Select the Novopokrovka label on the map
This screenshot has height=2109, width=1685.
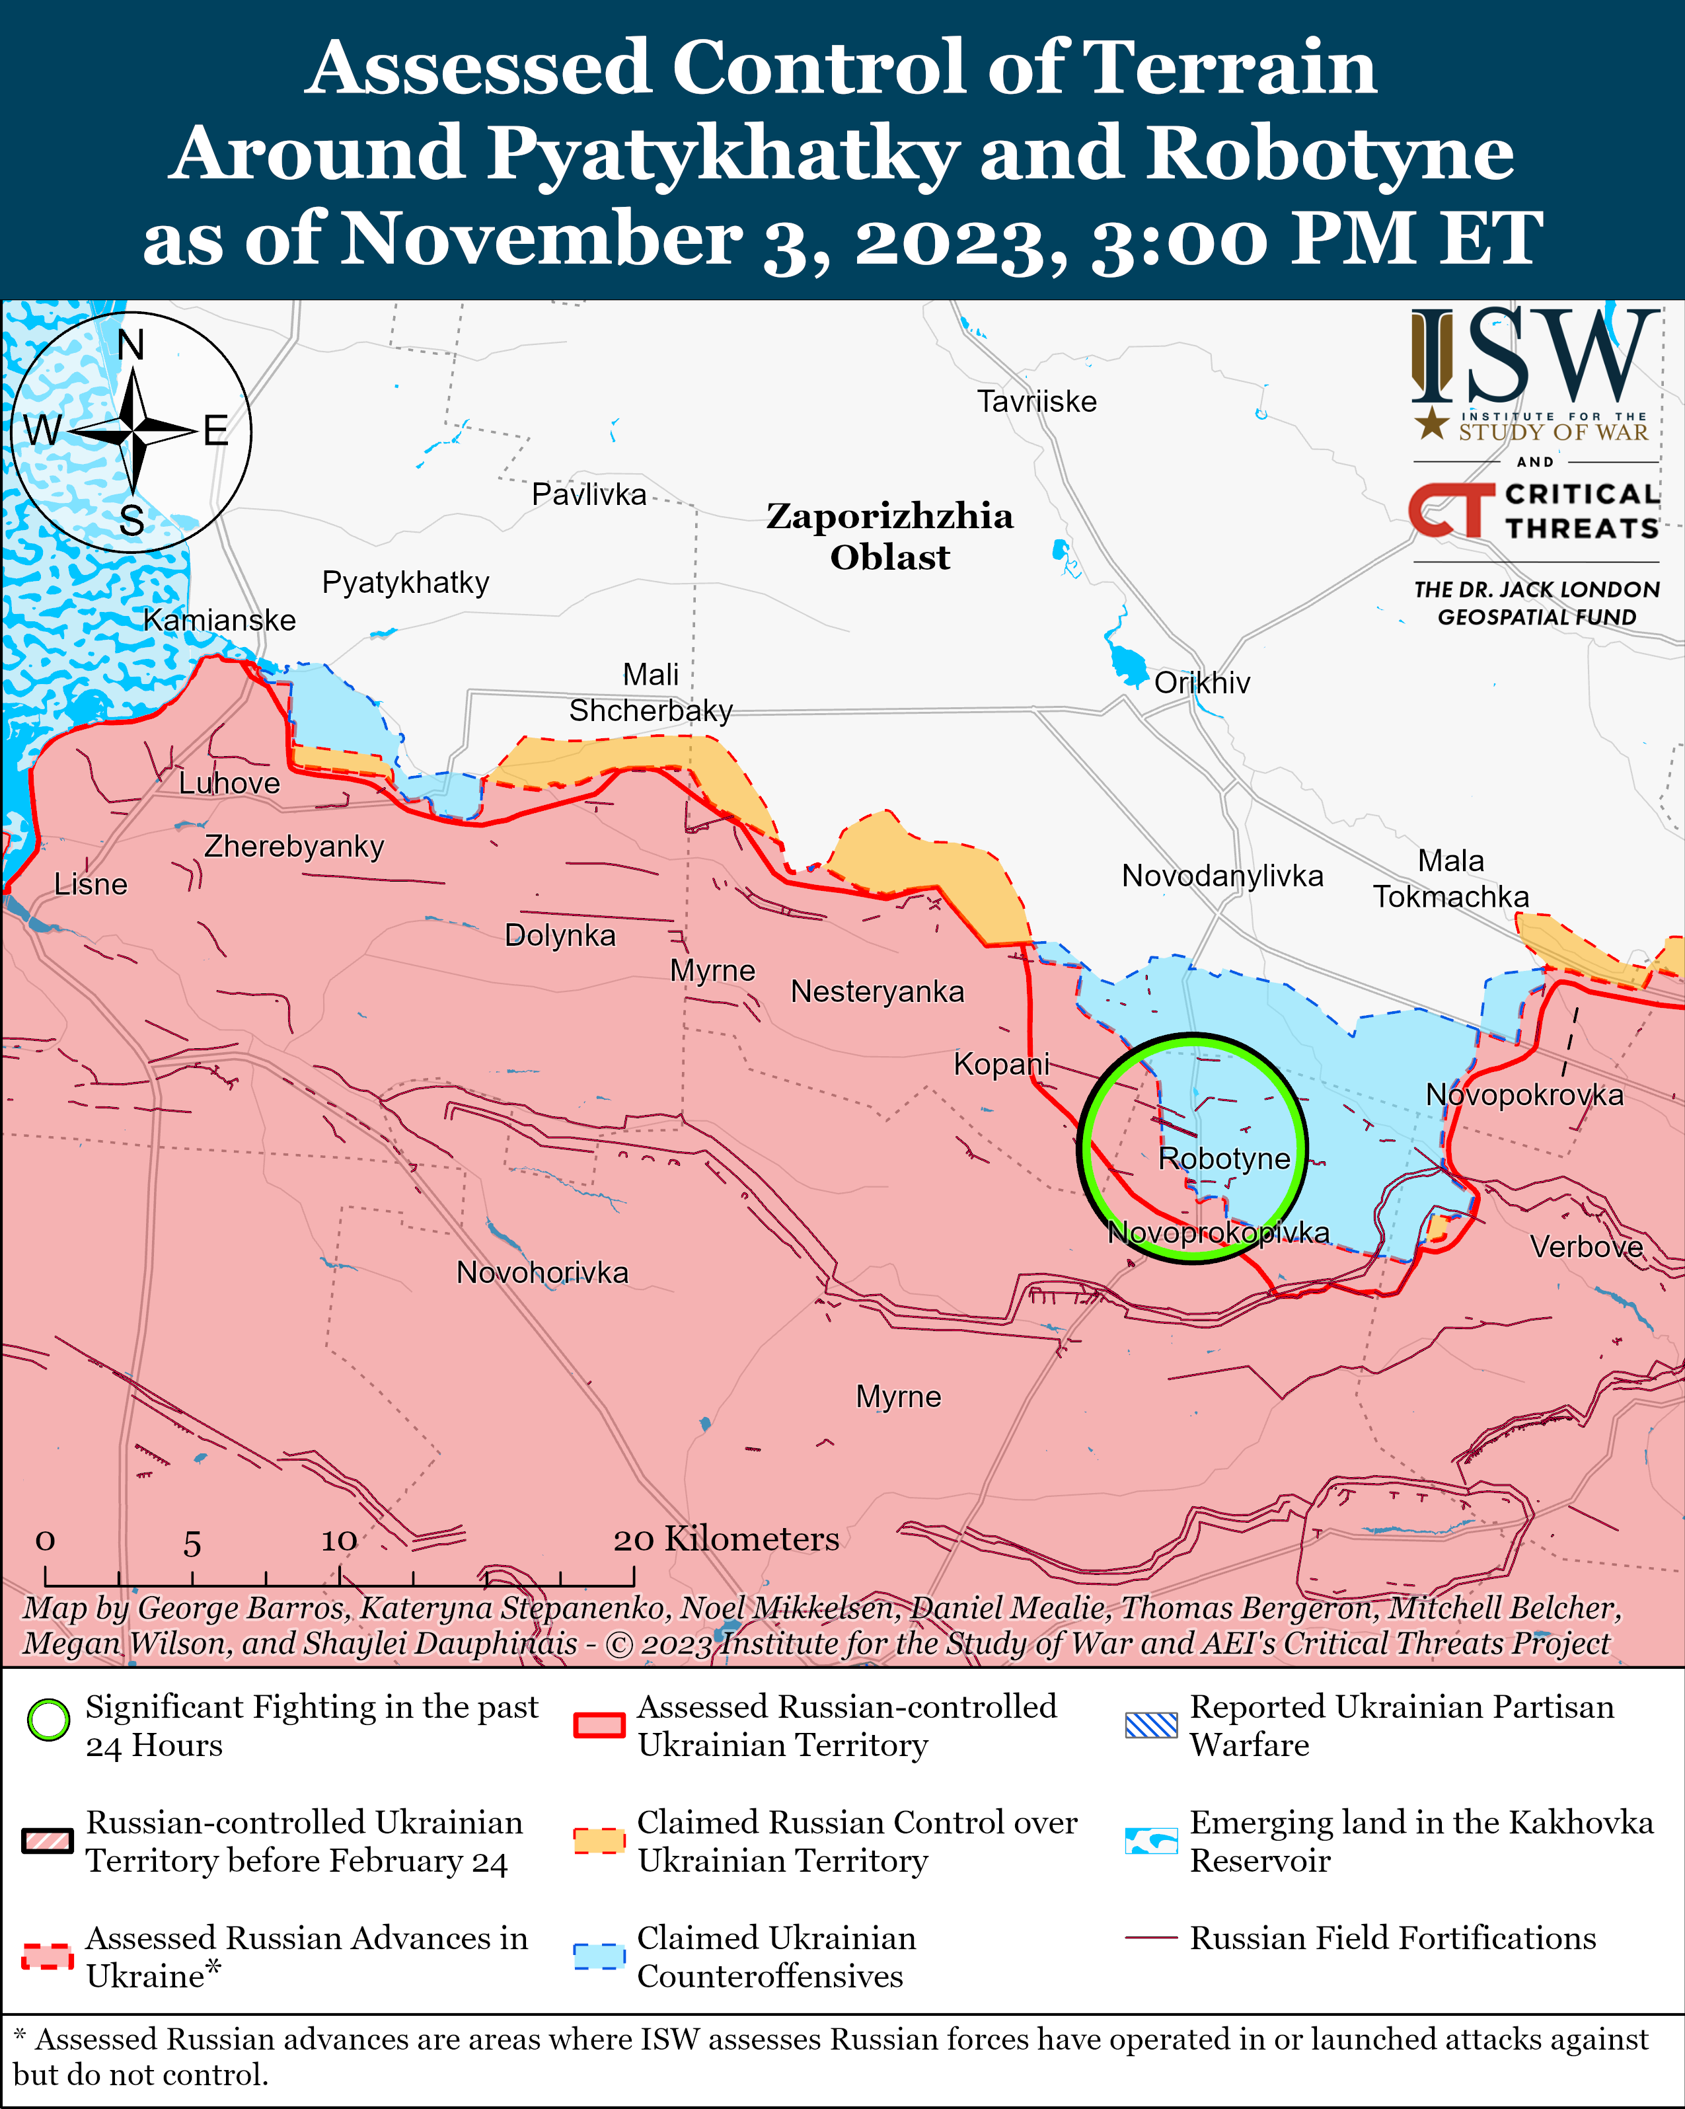point(1524,1094)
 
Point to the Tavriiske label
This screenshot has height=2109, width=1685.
point(1037,401)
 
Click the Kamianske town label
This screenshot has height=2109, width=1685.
point(219,620)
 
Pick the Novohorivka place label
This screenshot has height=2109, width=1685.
point(542,1273)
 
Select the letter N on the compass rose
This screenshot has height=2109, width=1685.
point(130,345)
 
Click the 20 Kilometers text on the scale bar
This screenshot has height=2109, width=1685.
point(726,1539)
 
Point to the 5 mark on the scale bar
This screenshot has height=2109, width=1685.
point(192,1545)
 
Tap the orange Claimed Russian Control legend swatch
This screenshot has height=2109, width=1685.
point(599,1840)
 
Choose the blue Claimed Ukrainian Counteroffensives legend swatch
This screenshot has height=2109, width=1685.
point(599,1956)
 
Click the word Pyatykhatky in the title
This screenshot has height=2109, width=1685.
point(722,153)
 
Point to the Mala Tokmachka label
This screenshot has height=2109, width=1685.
point(1450,878)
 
